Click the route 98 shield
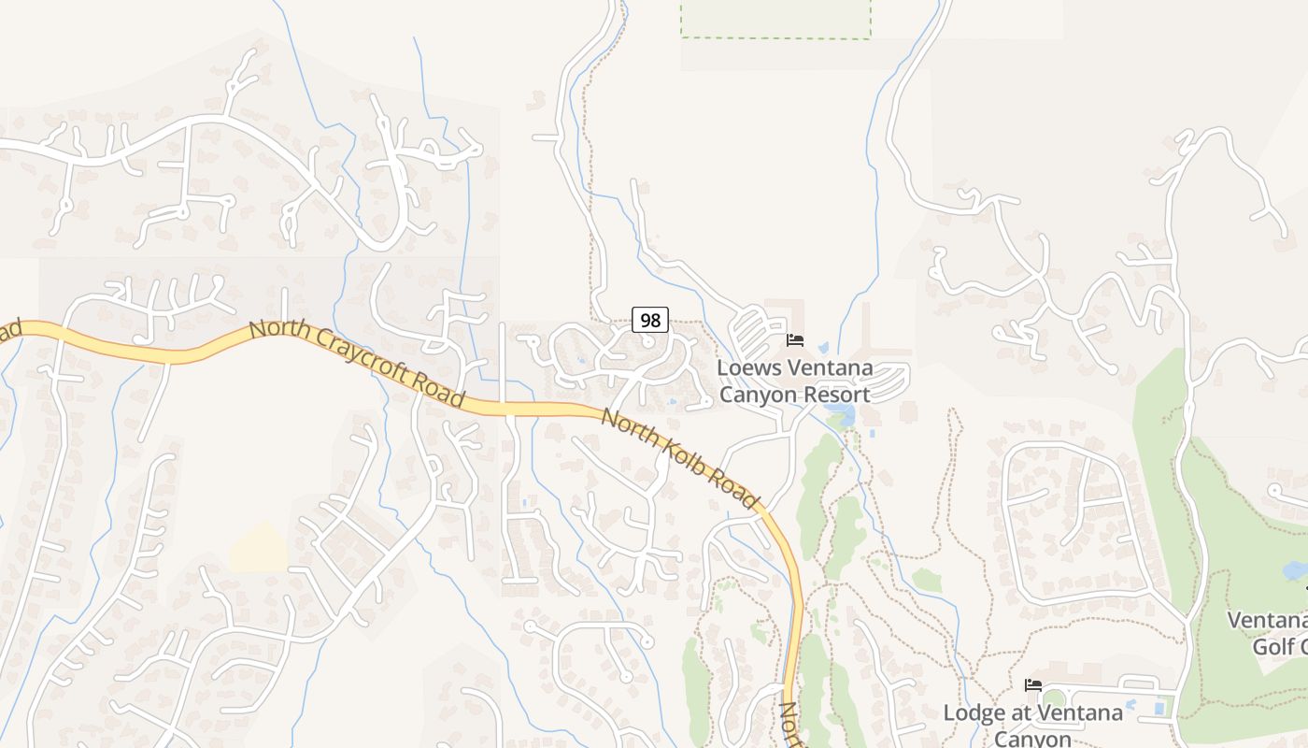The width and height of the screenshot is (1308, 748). pos(650,320)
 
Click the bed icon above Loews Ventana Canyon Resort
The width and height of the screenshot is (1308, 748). pos(795,340)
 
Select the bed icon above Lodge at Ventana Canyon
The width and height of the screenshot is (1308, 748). pos(1032,685)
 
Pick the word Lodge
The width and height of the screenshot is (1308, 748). pos(974,712)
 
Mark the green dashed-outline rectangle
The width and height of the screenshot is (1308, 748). pos(775,18)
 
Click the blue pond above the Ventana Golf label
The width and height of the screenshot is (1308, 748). pos(1295,569)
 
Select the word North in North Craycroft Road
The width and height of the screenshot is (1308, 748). pos(278,334)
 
